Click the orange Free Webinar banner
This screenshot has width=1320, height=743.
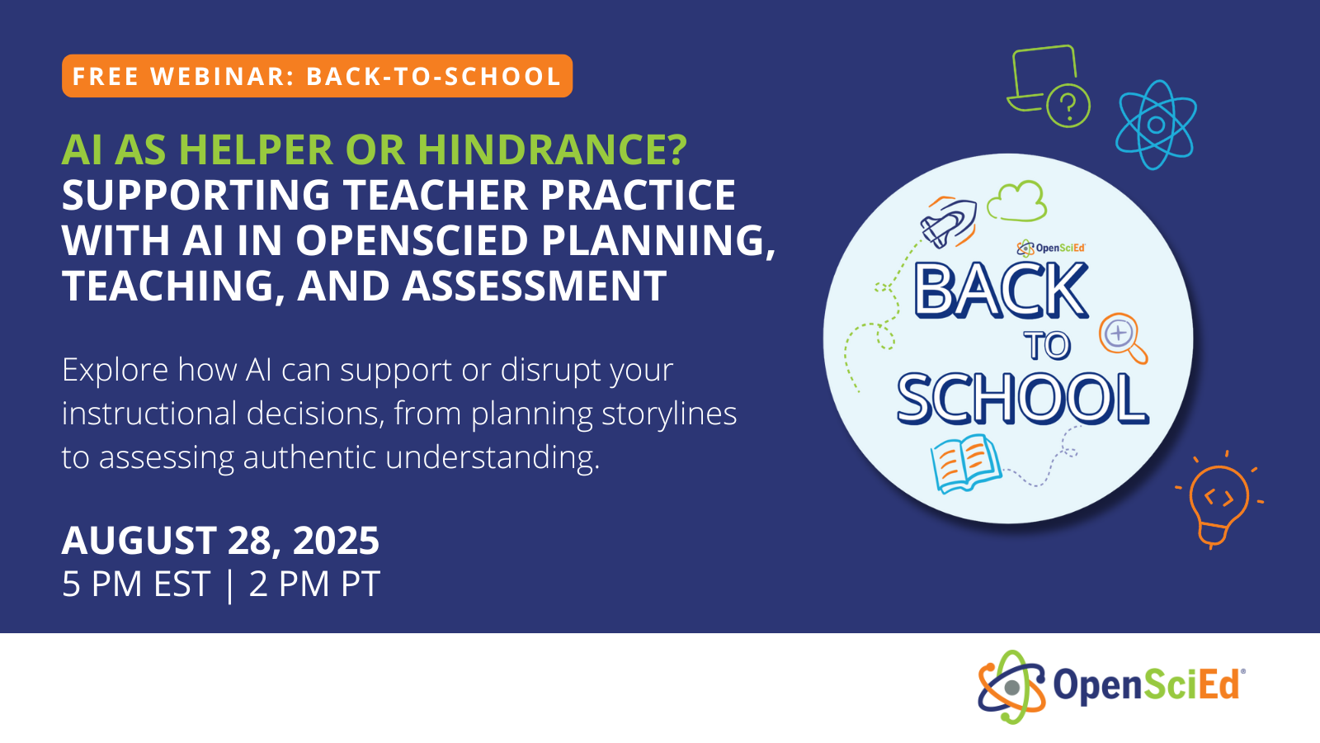(317, 76)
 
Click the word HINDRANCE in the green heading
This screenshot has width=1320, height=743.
(552, 149)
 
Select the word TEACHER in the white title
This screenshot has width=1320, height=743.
(435, 196)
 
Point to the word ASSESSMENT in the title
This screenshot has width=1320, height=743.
(535, 286)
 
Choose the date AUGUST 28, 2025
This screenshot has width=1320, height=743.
(220, 541)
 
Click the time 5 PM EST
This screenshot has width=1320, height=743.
(136, 584)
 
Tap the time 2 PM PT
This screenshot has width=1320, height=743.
(314, 584)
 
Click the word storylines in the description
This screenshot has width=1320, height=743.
(669, 414)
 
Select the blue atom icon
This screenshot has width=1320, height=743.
(1156, 125)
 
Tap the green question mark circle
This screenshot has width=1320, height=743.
(1068, 106)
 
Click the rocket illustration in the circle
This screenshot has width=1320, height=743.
(949, 221)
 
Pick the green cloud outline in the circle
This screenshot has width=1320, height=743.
(1017, 201)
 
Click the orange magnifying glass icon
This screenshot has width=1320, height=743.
(1123, 337)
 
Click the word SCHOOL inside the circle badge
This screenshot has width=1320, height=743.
(1022, 399)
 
